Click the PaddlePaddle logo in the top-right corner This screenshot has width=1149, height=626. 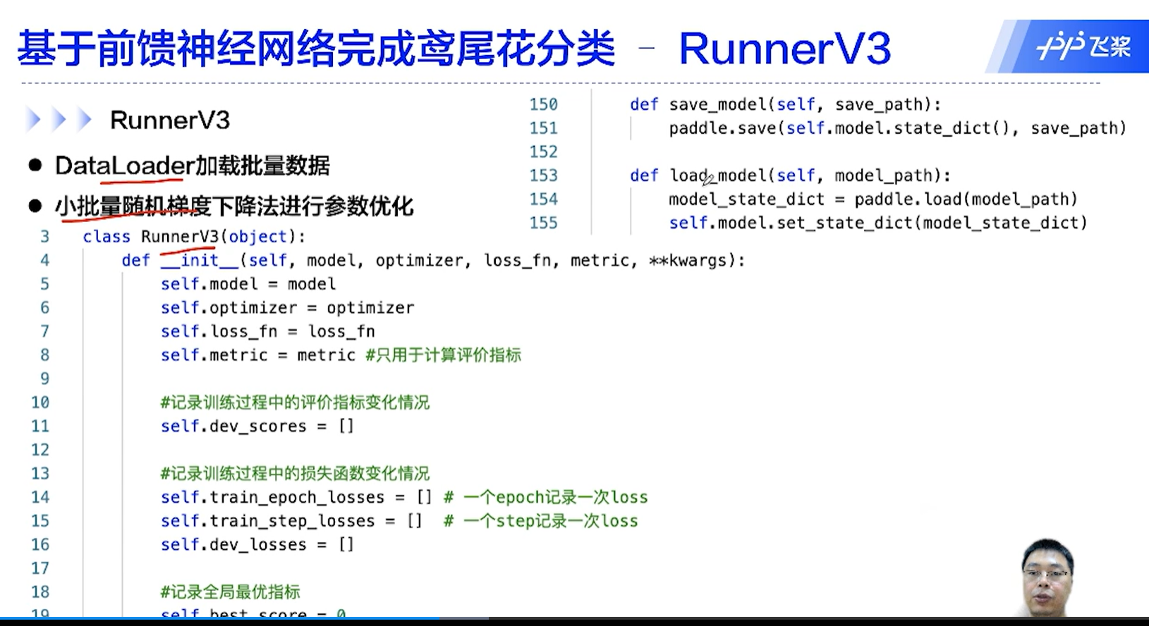point(1083,47)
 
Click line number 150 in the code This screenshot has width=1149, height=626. point(543,104)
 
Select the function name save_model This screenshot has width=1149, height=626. point(717,104)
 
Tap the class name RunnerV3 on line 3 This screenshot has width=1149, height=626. point(180,237)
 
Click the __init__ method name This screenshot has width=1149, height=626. point(200,261)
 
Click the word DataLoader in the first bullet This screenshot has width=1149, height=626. point(123,166)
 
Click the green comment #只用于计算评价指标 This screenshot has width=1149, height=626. point(443,355)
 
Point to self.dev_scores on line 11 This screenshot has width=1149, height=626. point(233,426)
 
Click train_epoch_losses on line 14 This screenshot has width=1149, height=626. point(297,498)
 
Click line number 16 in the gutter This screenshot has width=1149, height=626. point(40,545)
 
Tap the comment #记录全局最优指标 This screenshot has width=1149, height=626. point(230,592)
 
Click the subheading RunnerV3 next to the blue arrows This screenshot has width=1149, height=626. point(170,121)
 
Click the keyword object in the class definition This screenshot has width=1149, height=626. point(257,237)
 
